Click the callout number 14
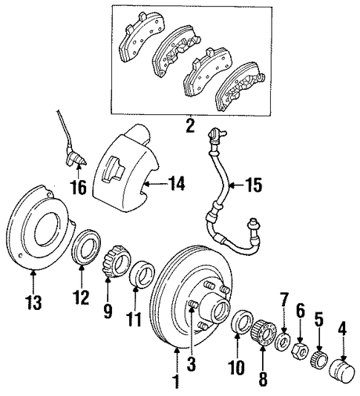coord(177,184)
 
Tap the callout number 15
coord(254,185)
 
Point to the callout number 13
coord(33,302)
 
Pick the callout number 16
coord(79,187)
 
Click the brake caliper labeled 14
coord(125,171)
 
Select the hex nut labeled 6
coord(301,350)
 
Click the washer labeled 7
coord(284,342)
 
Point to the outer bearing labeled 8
coord(264,333)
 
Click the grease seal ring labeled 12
coord(86,247)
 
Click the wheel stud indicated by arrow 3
coord(193,304)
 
